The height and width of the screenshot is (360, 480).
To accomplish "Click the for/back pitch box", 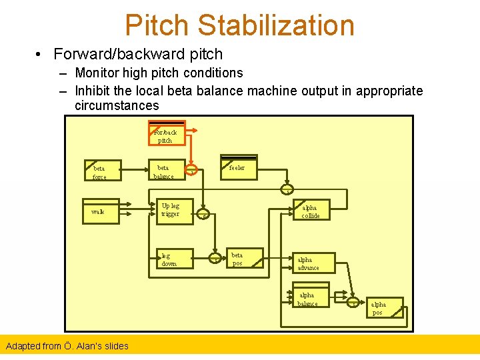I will coord(167,135).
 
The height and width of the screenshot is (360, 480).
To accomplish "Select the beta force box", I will coord(102,172).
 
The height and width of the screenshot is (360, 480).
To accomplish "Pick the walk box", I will coord(101,211).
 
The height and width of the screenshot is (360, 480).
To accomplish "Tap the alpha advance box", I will coord(313,263).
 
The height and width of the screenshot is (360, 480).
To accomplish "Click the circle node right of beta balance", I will coord(193,172).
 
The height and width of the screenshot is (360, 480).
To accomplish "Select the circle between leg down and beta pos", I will coord(215,259).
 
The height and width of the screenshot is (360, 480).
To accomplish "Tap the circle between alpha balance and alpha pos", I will coord(353,303).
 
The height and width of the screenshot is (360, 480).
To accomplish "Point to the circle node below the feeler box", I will coord(287,189).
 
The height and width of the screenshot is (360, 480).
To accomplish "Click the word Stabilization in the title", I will coord(276,25).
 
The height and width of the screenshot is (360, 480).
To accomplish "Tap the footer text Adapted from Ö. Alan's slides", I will coord(67,345).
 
